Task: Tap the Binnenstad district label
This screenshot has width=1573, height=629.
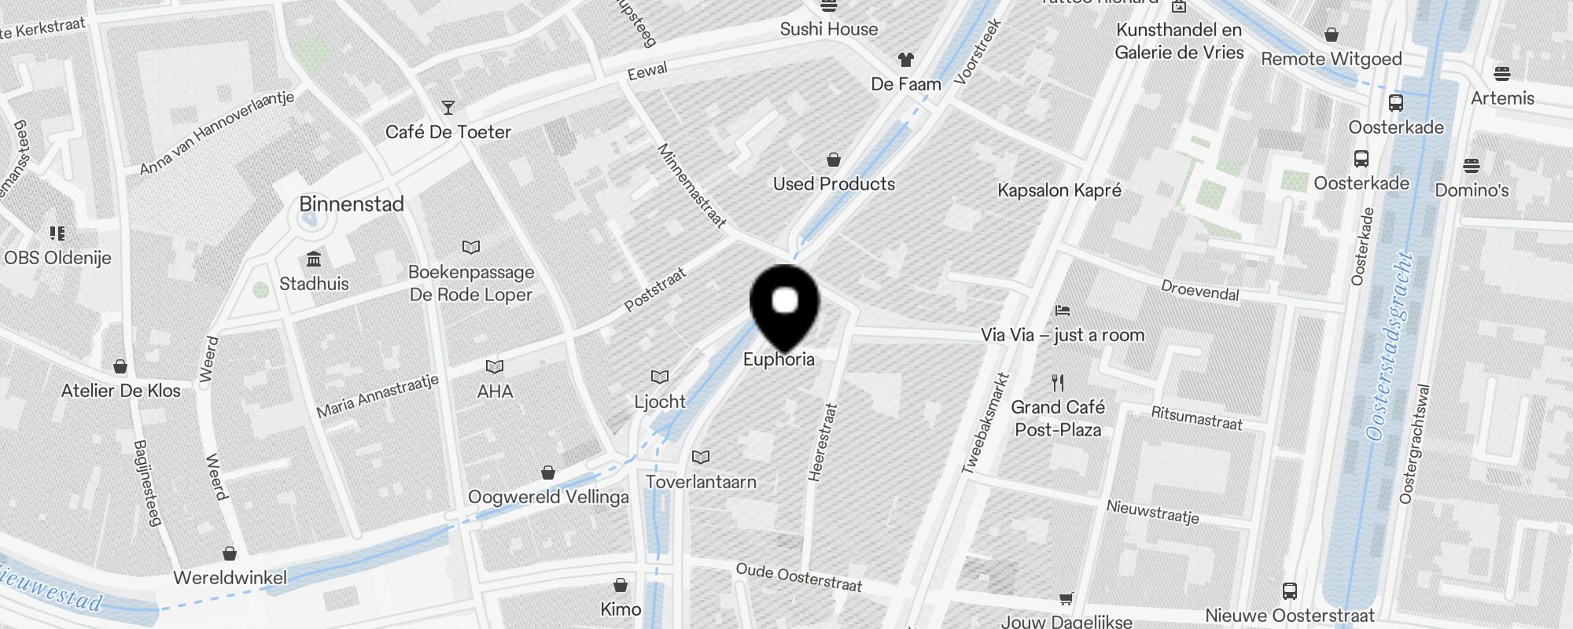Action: coord(352,204)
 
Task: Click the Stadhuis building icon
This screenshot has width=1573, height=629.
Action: coord(314,259)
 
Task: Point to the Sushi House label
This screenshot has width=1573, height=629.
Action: coord(829,30)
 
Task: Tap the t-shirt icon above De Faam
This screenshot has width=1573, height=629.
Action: coord(906,60)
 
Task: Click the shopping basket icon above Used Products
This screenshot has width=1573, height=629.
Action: coord(834,160)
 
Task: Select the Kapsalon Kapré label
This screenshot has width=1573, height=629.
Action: coord(1059,190)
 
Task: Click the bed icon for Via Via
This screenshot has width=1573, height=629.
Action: coord(1063,311)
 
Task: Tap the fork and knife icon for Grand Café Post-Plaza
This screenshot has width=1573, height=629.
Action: coord(1058,383)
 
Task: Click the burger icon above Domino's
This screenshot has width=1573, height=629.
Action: coord(1472,166)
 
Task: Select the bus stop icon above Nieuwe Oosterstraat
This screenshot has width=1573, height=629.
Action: coord(1290,590)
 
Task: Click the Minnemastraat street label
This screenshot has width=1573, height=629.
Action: coord(691,186)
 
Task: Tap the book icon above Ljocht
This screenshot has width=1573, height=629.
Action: coord(660,377)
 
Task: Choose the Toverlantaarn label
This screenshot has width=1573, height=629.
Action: coord(701,482)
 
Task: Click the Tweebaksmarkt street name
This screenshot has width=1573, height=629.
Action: coord(985,423)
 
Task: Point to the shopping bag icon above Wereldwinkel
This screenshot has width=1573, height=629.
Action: coord(230,554)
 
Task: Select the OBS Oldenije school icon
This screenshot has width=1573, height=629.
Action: coord(57,234)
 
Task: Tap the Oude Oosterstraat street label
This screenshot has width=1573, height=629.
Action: coord(798,578)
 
